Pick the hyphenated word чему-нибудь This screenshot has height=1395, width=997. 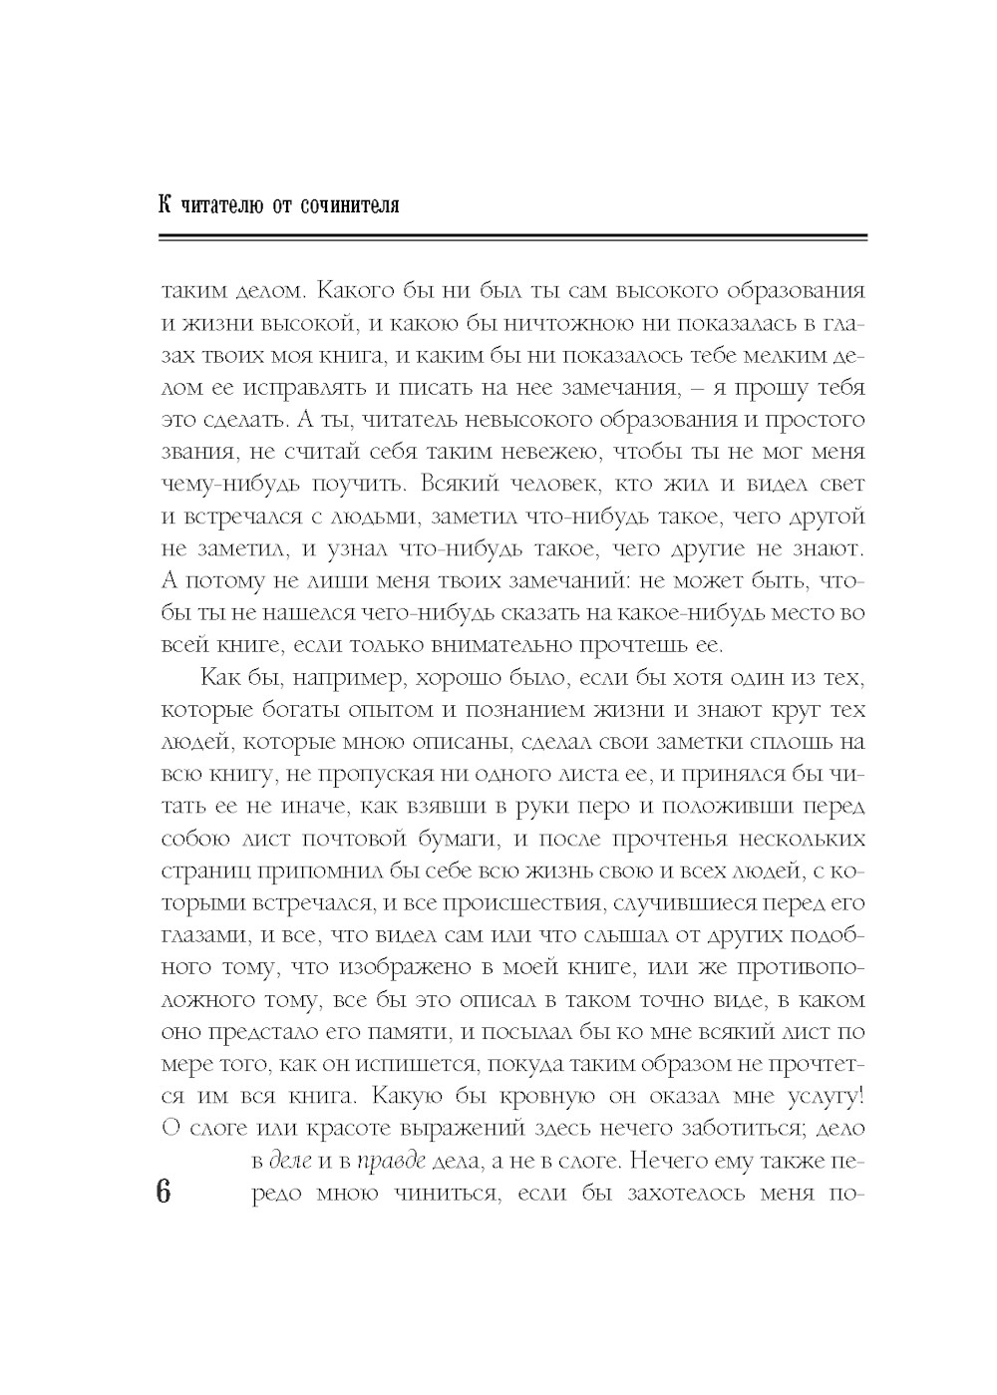(x=225, y=485)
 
